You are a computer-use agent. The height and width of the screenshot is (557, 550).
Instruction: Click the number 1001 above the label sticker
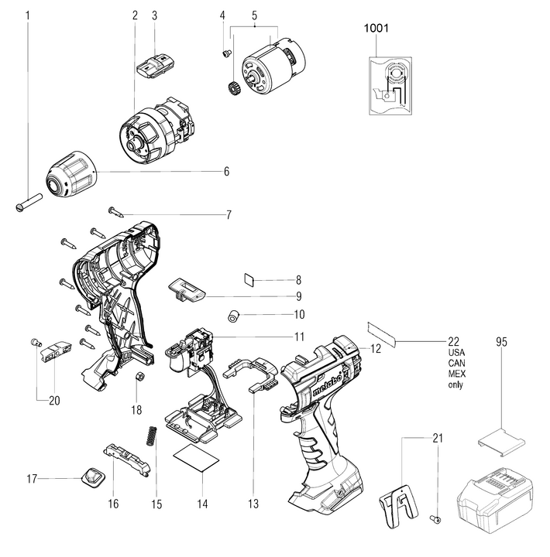[x=376, y=29]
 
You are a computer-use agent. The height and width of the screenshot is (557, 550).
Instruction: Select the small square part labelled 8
[x=249, y=279]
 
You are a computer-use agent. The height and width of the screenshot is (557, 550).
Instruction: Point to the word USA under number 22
[x=456, y=353]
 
